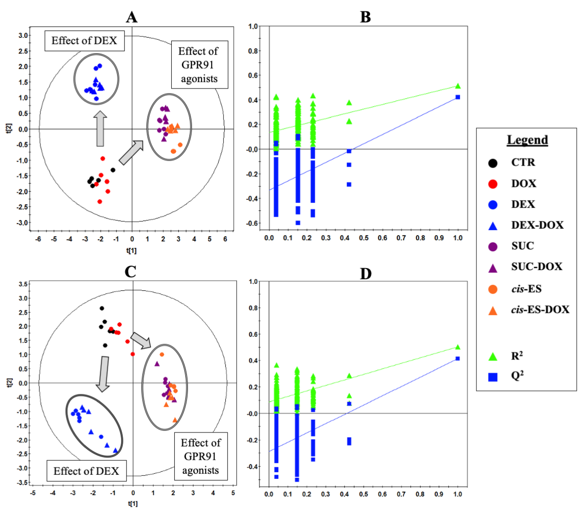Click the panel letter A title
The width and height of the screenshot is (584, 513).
click(x=132, y=17)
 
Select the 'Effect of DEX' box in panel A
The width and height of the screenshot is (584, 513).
click(x=84, y=41)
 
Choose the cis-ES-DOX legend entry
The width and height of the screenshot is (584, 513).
click(x=540, y=309)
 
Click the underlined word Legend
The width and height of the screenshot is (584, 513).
click(x=527, y=140)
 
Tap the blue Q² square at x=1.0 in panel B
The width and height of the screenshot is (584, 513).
click(x=458, y=97)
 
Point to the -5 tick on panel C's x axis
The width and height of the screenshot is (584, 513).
click(x=33, y=493)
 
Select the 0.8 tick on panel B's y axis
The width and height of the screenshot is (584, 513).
click(x=253, y=51)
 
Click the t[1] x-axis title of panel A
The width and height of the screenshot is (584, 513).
click(x=131, y=251)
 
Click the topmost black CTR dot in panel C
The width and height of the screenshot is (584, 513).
click(x=102, y=308)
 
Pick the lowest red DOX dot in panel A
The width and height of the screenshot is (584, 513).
click(x=100, y=201)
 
